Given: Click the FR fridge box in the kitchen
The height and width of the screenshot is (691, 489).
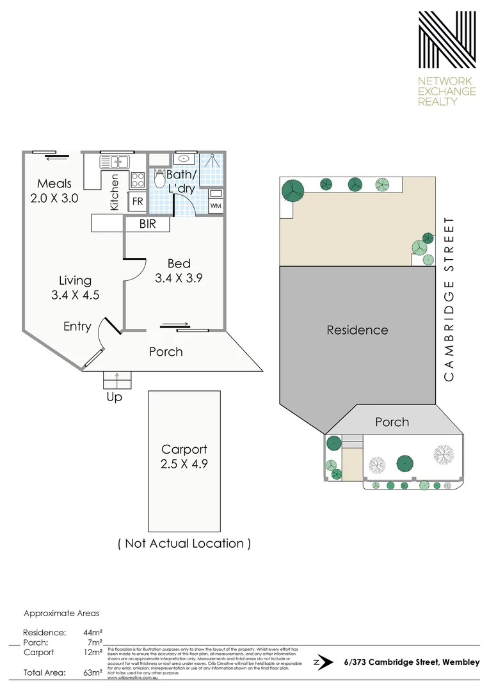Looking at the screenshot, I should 138,201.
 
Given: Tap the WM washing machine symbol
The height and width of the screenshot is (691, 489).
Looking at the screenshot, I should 216,205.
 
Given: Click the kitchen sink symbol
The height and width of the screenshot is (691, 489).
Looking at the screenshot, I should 115,161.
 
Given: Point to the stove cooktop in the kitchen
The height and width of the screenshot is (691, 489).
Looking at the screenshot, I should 138,178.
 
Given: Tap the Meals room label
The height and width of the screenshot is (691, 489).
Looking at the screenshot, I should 54,184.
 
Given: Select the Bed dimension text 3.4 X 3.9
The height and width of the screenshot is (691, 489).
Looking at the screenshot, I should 179,278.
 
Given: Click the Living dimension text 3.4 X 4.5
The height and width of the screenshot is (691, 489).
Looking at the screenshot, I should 75,295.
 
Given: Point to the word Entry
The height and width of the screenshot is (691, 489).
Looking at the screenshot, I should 77,326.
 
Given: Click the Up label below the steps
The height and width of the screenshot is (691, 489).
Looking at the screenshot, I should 115,397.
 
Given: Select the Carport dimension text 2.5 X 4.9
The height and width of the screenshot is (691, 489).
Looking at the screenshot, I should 184,464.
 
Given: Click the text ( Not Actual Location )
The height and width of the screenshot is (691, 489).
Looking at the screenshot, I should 184,543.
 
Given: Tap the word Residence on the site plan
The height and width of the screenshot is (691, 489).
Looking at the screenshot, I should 357,330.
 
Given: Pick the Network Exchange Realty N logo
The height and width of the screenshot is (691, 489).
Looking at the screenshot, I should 447,40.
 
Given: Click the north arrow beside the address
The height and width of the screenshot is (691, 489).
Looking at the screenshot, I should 325,662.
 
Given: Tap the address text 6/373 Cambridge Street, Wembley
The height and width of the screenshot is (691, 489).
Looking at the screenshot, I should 411,662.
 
